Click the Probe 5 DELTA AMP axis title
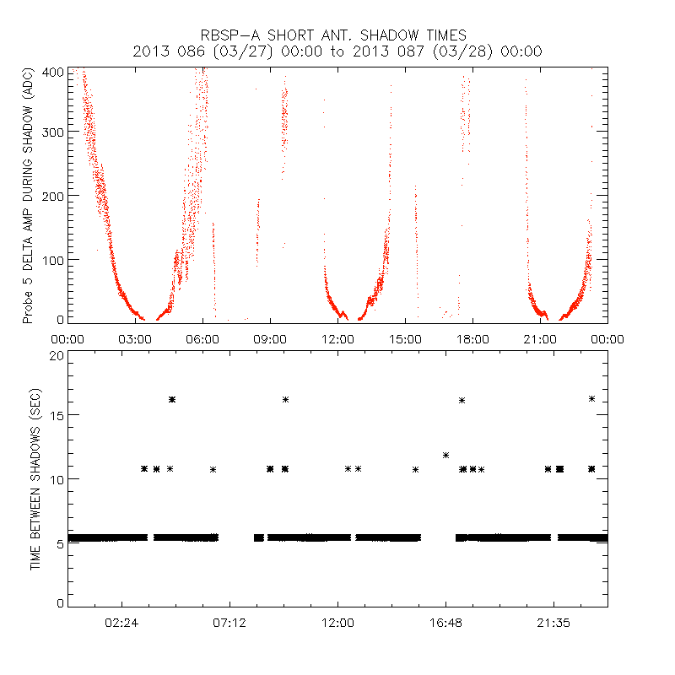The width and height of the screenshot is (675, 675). click(28, 196)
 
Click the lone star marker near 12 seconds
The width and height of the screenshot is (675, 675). click(445, 456)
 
